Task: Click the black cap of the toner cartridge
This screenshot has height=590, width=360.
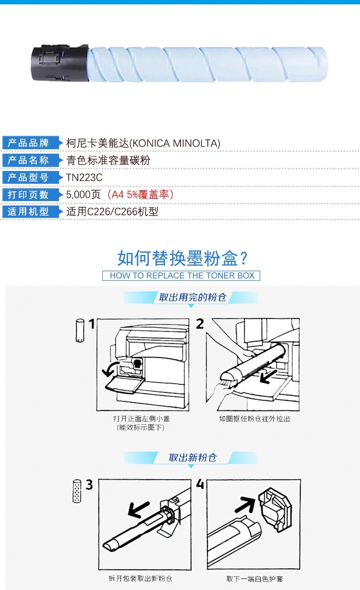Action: point(60,63)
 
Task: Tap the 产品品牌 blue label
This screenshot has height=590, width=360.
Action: point(31,143)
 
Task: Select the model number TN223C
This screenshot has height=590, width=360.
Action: point(84,178)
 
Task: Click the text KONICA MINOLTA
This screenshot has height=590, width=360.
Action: point(175,143)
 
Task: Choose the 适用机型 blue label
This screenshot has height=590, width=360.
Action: point(31,212)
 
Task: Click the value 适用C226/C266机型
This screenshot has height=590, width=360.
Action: point(112,212)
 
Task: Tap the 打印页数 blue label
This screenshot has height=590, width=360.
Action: point(31,194)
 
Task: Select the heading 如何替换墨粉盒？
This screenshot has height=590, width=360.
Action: point(182,258)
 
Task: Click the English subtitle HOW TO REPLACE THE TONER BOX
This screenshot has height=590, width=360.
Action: point(182,276)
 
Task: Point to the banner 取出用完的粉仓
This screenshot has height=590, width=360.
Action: point(192,297)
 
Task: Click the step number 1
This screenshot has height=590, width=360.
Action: point(91,324)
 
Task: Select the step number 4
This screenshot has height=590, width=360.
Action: point(200,484)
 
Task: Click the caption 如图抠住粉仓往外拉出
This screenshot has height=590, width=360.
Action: point(254,419)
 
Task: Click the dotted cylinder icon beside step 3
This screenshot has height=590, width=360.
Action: point(77,491)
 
